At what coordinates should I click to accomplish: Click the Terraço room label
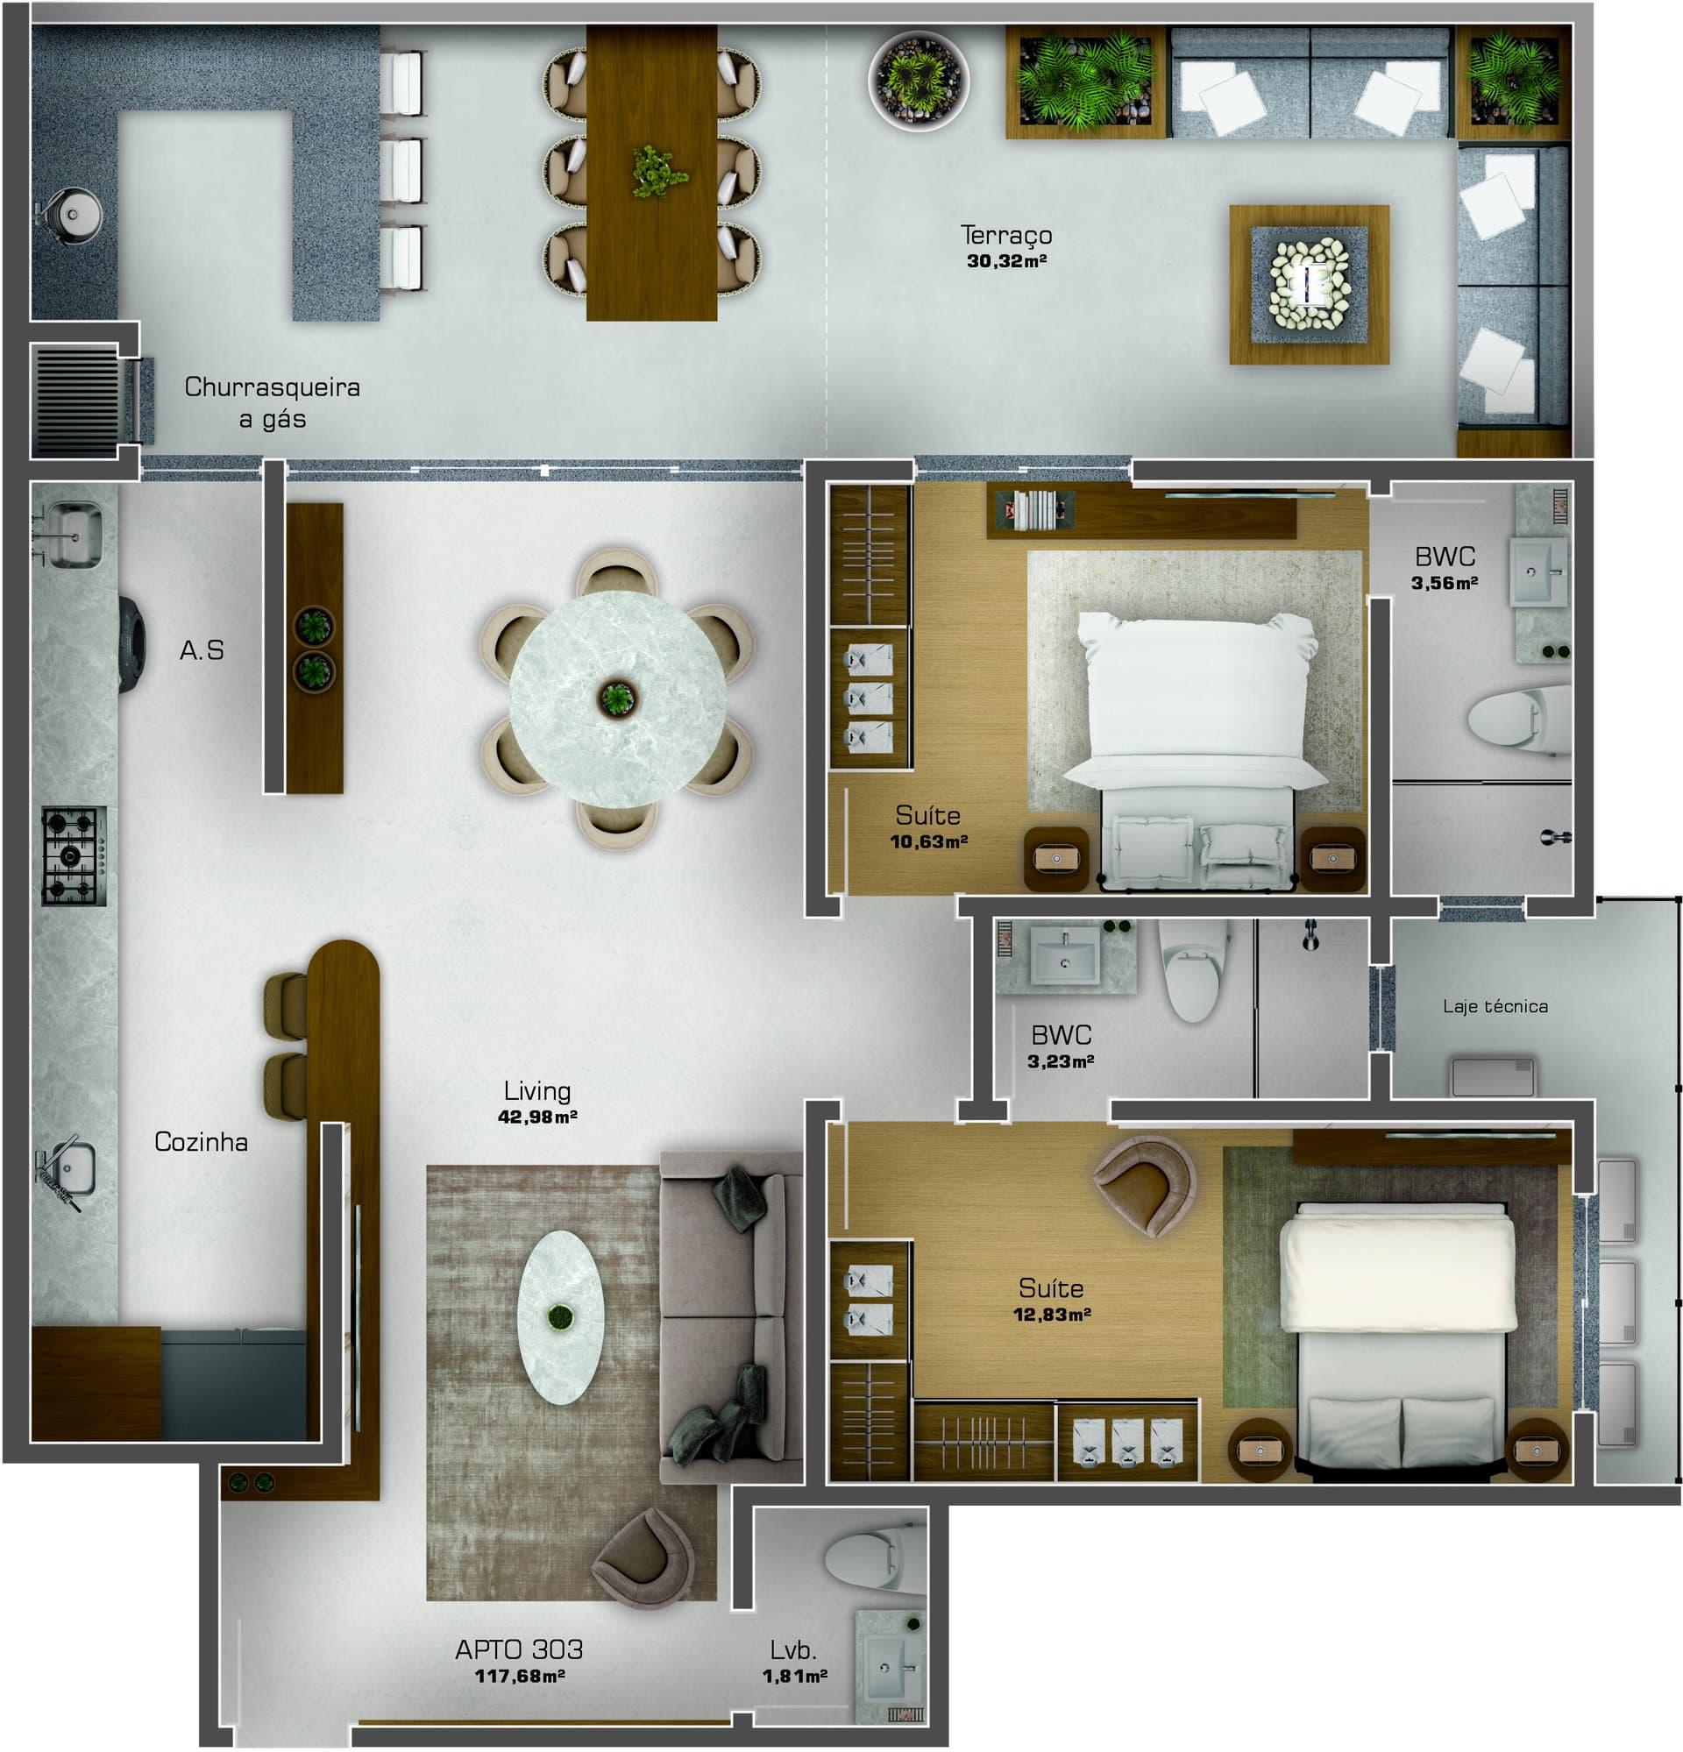click(x=1005, y=235)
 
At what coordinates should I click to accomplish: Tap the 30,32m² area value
click(x=1006, y=261)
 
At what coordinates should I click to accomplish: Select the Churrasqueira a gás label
click(x=273, y=402)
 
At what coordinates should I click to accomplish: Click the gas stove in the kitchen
click(x=75, y=855)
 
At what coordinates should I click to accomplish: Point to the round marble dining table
click(x=618, y=699)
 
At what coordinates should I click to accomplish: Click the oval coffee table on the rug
click(x=561, y=1316)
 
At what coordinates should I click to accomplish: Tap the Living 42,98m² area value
click(x=537, y=1117)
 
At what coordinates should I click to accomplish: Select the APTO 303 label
click(x=519, y=1649)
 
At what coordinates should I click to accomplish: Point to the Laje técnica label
click(x=1495, y=1006)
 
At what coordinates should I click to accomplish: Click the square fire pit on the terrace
click(x=1309, y=284)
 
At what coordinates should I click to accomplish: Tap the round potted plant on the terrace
click(x=918, y=81)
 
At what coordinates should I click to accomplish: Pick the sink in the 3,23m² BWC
click(x=1064, y=954)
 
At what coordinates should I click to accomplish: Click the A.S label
click(x=202, y=649)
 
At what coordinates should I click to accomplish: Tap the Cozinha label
click(x=201, y=1141)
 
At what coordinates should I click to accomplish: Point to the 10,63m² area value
click(x=928, y=841)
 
